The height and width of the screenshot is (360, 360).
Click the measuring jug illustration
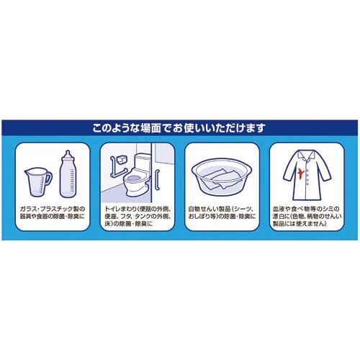click(x=38, y=182)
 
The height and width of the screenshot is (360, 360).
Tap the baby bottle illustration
click(x=68, y=174)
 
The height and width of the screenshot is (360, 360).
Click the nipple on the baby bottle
click(x=68, y=154)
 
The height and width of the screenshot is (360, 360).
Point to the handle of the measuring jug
click(x=48, y=178)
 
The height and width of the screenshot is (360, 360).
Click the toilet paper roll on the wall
click(x=122, y=160)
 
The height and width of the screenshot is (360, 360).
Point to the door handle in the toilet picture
click(x=158, y=180)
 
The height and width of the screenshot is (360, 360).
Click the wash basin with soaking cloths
click(x=222, y=176)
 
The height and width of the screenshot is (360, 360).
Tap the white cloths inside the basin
click(x=221, y=179)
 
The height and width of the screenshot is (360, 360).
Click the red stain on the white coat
click(x=300, y=173)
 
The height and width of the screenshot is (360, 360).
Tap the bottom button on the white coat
click(x=307, y=184)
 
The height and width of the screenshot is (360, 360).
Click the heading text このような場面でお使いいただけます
click(x=179, y=128)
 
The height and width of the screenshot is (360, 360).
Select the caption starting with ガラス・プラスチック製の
click(x=53, y=212)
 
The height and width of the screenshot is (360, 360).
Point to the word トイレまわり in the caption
click(x=121, y=209)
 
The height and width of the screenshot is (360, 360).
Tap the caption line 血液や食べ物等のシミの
click(x=306, y=209)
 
